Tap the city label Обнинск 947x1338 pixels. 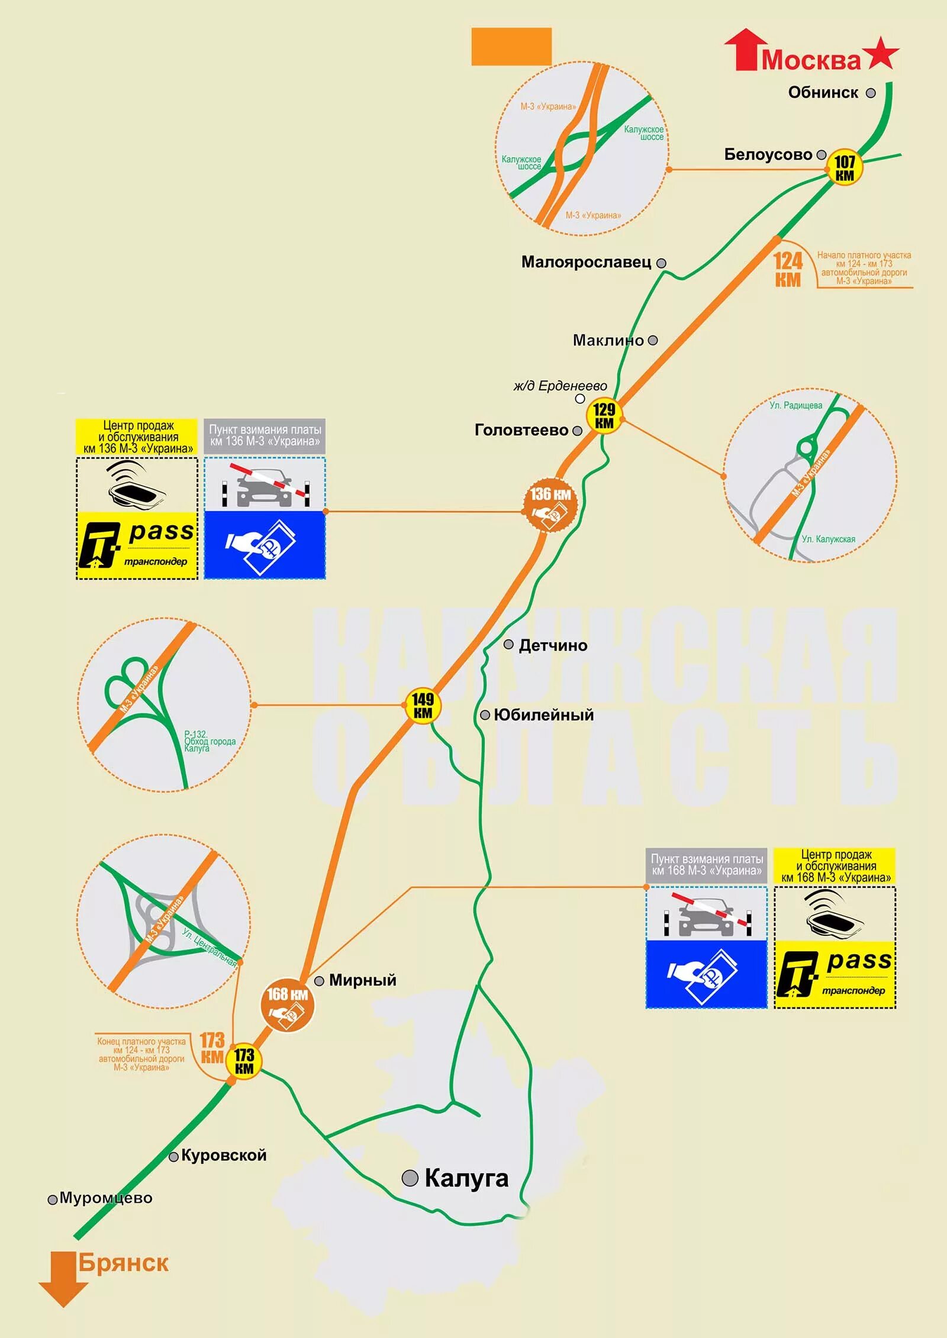pos(823,93)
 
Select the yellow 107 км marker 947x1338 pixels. pos(845,167)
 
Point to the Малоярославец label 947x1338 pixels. pos(586,262)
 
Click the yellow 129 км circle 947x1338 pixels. pos(604,415)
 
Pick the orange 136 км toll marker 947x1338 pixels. pos(550,504)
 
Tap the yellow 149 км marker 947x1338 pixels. pos(423,705)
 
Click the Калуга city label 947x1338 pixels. pos(466,1178)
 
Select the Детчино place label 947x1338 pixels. pos(553,645)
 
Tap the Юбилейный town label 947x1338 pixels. pos(543,715)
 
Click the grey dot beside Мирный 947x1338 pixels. pos(319,981)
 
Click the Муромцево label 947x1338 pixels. pos(106,1198)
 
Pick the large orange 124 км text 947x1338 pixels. pos(788,269)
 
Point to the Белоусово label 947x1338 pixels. pos(768,155)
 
